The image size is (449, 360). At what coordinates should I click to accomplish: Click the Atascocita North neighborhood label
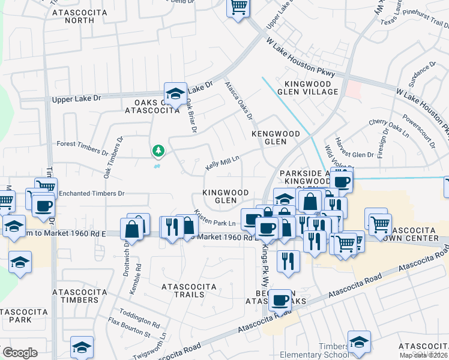(73, 16)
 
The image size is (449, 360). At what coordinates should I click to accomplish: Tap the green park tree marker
(158, 150)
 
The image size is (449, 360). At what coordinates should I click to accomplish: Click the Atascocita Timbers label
(76, 295)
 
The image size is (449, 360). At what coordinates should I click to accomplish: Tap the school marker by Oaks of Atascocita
(175, 93)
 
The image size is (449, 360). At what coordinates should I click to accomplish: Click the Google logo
(20, 352)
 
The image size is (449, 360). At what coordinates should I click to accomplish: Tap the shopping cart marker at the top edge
(238, 8)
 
